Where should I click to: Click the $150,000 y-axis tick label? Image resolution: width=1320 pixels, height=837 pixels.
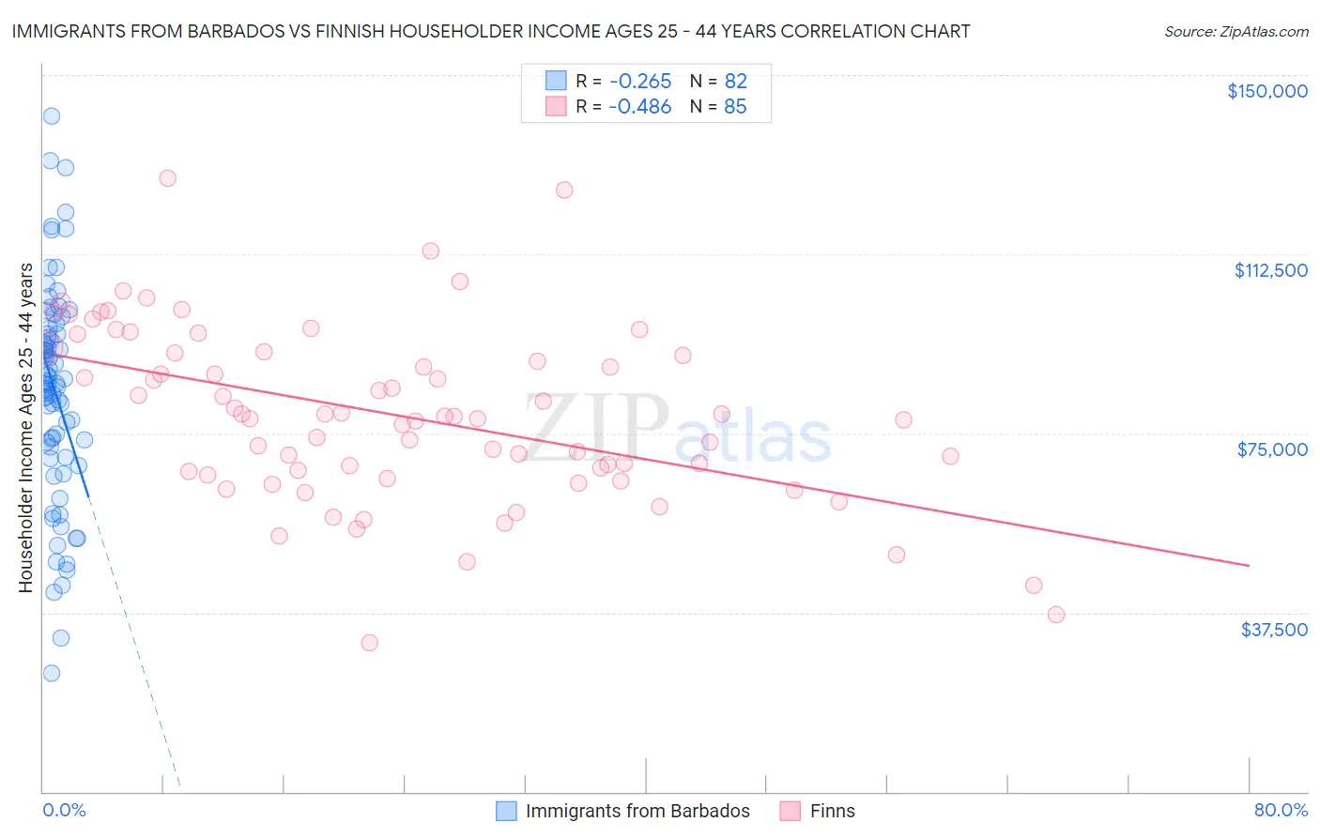[1266, 91]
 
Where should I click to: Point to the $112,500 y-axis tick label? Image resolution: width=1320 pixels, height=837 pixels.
[1270, 270]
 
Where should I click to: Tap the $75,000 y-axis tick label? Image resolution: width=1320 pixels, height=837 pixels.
[1272, 449]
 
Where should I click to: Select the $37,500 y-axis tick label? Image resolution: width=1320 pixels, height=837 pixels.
[1274, 630]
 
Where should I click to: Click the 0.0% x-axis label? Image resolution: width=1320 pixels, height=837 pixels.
[64, 810]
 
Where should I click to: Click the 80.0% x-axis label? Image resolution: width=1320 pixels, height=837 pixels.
[1281, 810]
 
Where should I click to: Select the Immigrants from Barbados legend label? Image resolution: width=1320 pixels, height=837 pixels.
[637, 811]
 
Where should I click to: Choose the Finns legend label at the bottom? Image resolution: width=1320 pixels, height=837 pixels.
[832, 811]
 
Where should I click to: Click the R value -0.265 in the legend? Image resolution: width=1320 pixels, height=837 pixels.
[639, 81]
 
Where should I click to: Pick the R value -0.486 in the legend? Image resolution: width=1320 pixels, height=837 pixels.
[639, 107]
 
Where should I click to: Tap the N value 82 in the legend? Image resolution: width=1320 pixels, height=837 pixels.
[735, 81]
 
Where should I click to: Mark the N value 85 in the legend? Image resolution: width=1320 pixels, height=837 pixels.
[735, 107]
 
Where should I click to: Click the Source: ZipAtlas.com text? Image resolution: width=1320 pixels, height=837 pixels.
[1236, 32]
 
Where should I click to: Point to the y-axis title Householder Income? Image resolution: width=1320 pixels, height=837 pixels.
[26, 428]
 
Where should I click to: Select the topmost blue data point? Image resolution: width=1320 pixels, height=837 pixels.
[52, 116]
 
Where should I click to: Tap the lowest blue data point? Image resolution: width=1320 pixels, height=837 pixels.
[52, 674]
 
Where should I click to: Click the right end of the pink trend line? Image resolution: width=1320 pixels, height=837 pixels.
[1249, 566]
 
